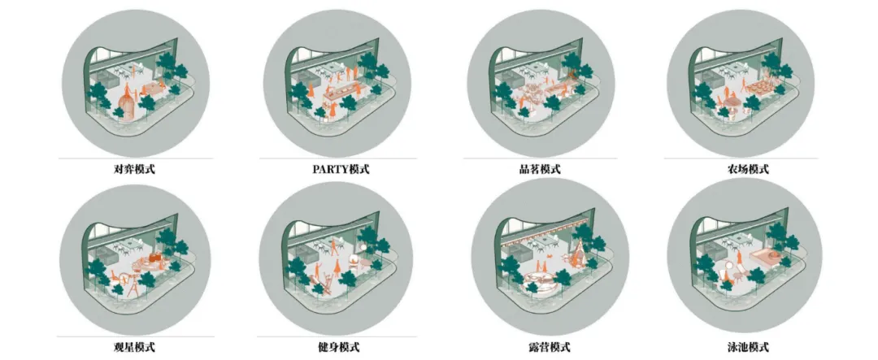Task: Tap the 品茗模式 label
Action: click(x=539, y=169)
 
